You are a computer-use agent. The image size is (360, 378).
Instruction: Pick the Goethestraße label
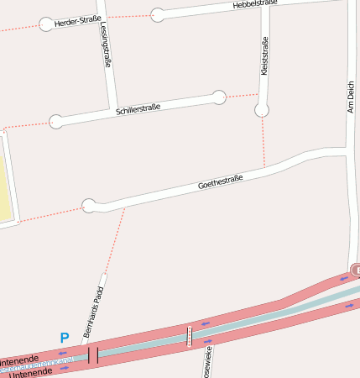click(220, 181)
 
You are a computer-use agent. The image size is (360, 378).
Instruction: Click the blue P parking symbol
click(64, 338)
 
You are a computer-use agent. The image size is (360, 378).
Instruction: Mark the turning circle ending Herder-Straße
click(46, 24)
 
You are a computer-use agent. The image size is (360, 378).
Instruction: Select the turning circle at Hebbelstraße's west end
click(158, 14)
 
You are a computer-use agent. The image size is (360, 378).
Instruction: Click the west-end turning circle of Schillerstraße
click(56, 121)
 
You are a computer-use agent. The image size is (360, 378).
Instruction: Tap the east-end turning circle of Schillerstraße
click(219, 97)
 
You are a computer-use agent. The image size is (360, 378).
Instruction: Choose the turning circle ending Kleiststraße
click(262, 110)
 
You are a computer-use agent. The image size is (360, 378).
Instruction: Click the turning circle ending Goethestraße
click(89, 205)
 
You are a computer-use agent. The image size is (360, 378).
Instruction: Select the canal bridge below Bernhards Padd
click(93, 355)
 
